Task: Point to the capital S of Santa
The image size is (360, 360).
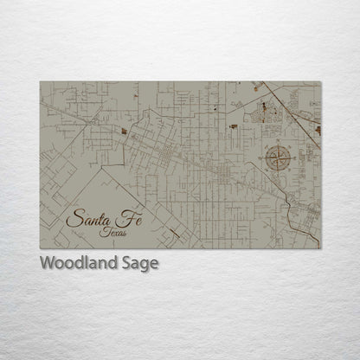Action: [74, 219]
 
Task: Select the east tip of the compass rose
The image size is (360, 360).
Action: [297, 158]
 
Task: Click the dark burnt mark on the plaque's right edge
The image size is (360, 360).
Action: [317, 130]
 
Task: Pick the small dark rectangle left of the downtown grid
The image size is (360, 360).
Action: [124, 132]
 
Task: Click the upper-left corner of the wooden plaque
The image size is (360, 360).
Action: [40, 82]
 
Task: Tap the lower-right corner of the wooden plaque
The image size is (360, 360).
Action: [320, 249]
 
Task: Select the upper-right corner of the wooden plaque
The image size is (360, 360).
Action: [320, 82]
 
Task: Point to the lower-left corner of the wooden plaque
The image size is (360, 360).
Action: [40, 249]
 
